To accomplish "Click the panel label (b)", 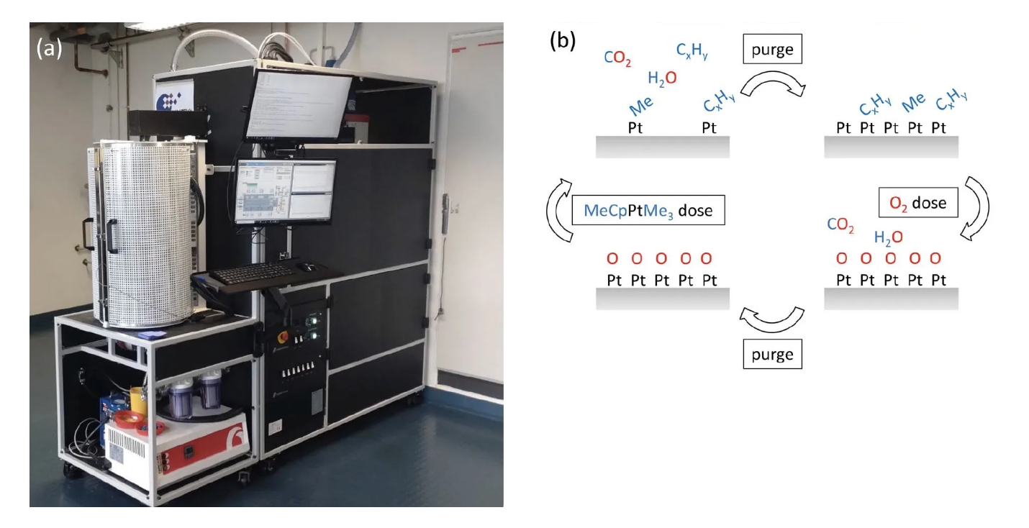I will coord(563,40).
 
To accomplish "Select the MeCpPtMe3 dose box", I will coord(648,211).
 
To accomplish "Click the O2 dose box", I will coord(918,203).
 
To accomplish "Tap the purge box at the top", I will coord(772,50).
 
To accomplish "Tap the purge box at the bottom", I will coord(772,355).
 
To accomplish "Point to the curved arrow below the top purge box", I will coord(773,85).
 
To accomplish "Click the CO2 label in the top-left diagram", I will coord(618,58).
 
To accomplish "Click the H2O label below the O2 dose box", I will coord(888,237).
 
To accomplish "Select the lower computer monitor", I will coord(286,190).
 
